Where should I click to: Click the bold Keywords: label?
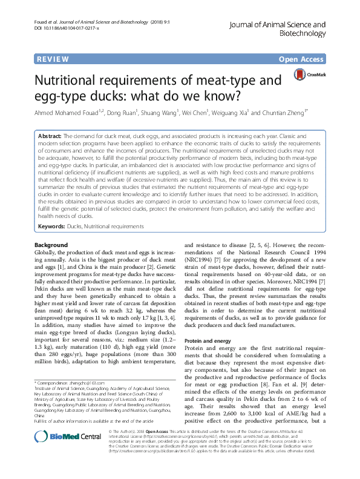[x=51, y=226]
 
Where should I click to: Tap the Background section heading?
[x=51, y=245]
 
